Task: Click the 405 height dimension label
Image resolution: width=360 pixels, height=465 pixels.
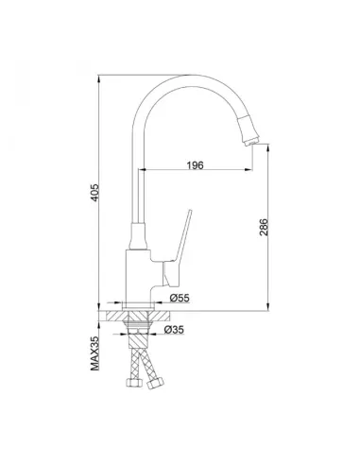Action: click(94, 193)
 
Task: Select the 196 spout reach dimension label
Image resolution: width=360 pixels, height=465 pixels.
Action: click(196, 165)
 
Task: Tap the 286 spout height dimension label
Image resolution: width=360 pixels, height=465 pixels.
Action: click(264, 227)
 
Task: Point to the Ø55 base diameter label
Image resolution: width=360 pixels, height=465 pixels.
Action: click(180, 298)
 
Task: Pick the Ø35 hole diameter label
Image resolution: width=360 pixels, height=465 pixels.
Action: click(174, 330)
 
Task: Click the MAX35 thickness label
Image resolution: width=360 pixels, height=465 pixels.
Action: click(94, 353)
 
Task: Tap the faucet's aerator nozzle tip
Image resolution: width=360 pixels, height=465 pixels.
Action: click(251, 143)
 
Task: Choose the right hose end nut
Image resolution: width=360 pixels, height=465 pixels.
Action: click(156, 384)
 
